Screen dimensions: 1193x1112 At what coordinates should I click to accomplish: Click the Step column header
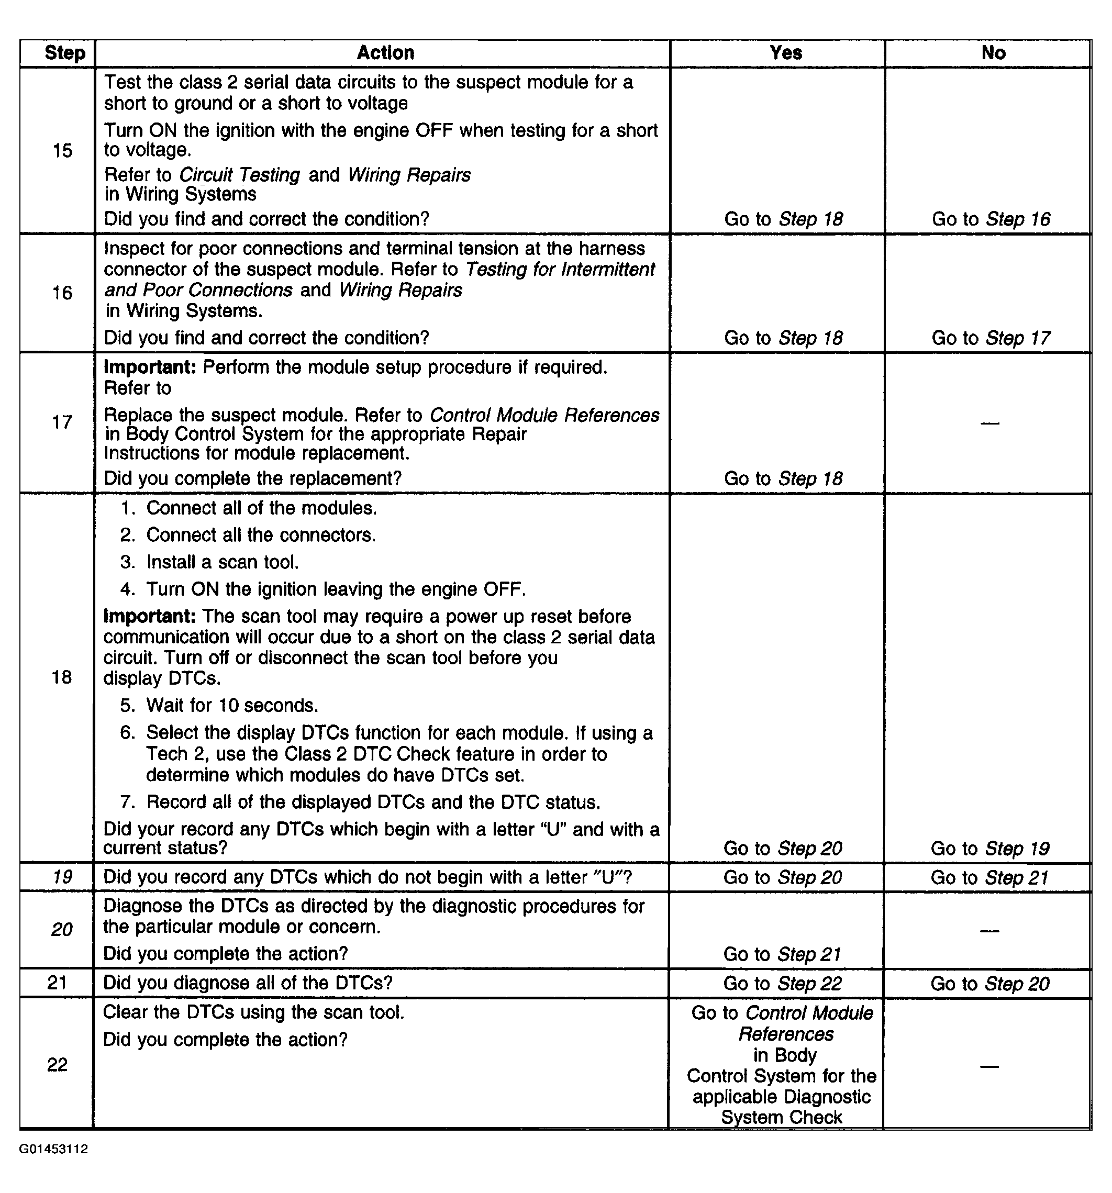tap(65, 53)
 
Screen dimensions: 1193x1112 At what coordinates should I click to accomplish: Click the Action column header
tap(385, 53)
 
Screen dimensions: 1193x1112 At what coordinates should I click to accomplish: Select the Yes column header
tap(785, 53)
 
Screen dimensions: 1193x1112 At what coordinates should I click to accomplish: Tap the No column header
tap(993, 53)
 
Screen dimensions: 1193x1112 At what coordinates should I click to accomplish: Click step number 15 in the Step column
tap(62, 151)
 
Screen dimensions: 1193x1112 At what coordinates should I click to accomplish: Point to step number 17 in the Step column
tap(62, 422)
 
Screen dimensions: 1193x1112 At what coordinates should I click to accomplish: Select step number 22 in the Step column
tap(57, 1064)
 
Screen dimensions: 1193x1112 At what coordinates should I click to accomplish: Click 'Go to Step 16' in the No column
tap(991, 219)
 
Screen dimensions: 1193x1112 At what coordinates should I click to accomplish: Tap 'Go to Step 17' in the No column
tap(991, 338)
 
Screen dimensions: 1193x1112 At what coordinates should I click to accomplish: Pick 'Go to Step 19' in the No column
tap(989, 848)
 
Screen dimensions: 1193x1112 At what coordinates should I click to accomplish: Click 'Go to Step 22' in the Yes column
tap(783, 983)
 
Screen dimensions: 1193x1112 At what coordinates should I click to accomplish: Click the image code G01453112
tap(53, 1149)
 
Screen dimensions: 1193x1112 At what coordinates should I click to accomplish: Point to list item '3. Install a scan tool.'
tap(210, 562)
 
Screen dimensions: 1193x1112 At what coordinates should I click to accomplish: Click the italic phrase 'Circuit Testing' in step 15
tap(239, 175)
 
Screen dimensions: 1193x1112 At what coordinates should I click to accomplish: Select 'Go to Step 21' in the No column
tap(989, 877)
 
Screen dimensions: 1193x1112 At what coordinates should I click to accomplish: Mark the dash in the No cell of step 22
tap(989, 1066)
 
